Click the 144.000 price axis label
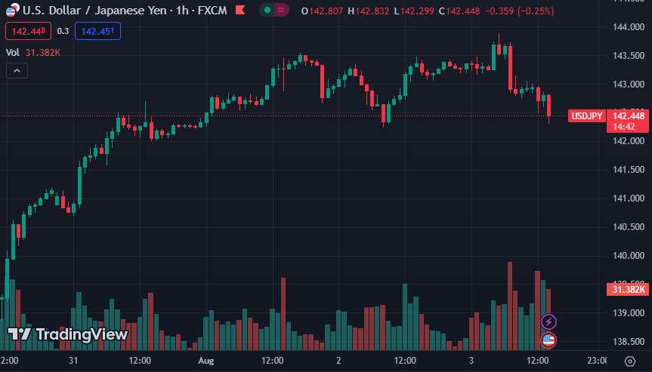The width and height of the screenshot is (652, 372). [x=628, y=27]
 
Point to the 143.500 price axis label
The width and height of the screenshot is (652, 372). [x=628, y=56]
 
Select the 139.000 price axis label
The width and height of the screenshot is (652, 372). [x=628, y=313]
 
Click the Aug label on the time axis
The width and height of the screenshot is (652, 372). [x=206, y=361]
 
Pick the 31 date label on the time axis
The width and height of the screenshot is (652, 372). [x=73, y=361]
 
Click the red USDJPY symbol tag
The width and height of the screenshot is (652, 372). [x=587, y=116]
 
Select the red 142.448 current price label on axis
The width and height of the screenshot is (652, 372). [x=628, y=116]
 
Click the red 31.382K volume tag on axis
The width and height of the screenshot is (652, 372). [x=628, y=290]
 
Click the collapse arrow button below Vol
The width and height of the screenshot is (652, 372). [x=17, y=70]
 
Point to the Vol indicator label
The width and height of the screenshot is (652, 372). [x=13, y=52]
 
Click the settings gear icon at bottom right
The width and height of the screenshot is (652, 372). [x=629, y=361]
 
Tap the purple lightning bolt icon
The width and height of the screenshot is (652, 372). [x=549, y=322]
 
